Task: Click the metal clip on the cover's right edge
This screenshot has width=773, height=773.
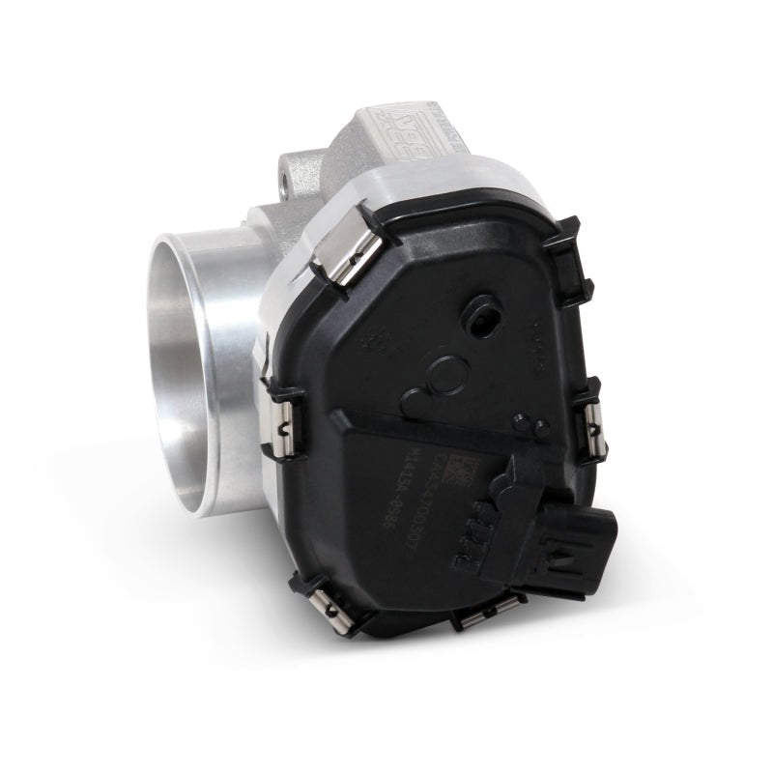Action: tap(590, 420)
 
